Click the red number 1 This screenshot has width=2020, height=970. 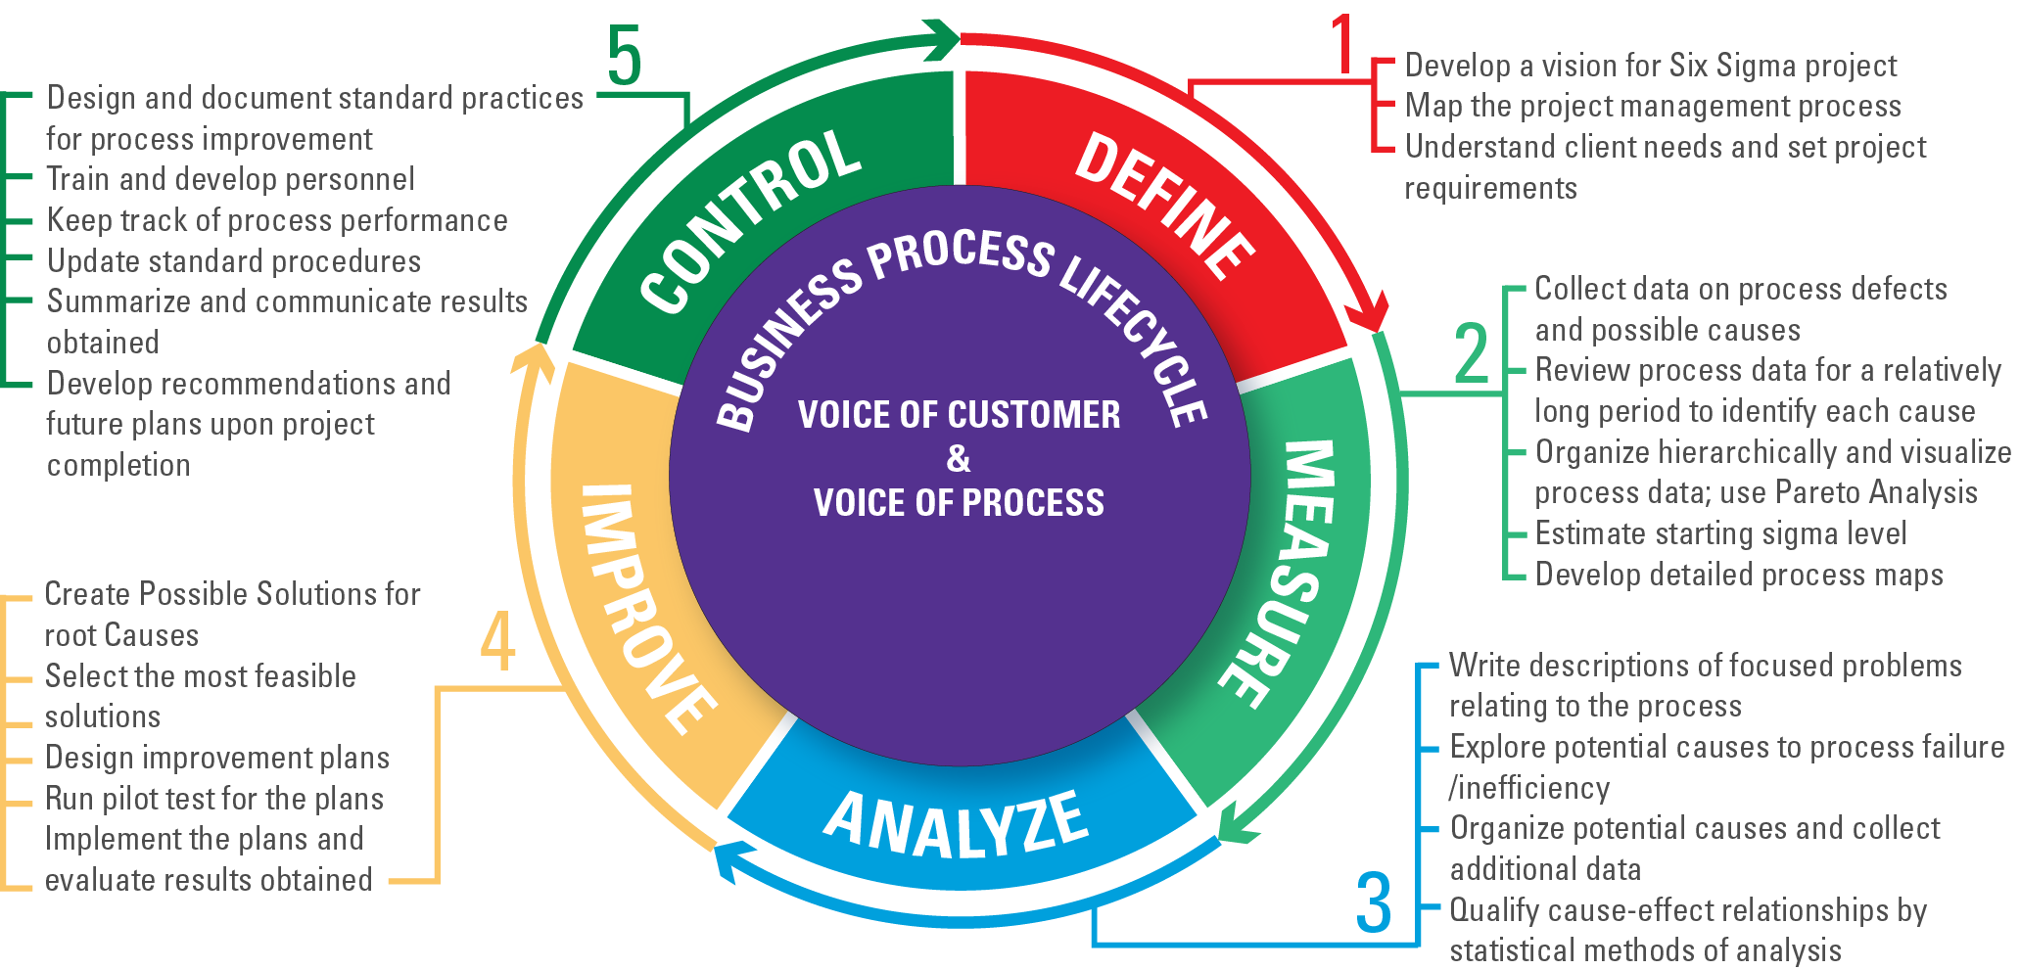[x=1342, y=46]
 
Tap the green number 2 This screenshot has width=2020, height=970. [x=1471, y=353]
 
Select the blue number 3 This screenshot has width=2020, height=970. [x=1373, y=902]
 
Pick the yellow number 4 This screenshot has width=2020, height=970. [x=497, y=642]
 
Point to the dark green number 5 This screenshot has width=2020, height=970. [x=624, y=58]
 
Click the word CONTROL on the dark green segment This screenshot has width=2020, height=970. [x=749, y=220]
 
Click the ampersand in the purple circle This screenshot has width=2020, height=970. [x=959, y=458]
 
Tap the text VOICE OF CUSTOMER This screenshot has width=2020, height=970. [x=959, y=415]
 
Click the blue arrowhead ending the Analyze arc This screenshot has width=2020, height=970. [x=726, y=862]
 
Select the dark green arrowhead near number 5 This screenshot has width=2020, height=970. [x=945, y=40]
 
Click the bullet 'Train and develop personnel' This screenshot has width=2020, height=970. [x=231, y=179]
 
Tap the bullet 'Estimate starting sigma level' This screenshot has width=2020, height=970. [x=1720, y=533]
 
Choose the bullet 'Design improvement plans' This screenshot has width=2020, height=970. [x=217, y=758]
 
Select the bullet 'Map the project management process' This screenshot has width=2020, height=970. [x=1652, y=106]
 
